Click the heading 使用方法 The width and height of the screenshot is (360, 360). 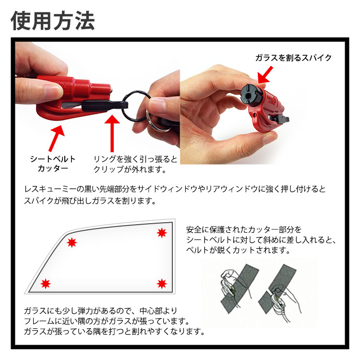tap(53, 21)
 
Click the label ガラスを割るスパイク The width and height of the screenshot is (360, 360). tap(294, 58)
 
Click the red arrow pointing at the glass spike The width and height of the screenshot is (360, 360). tap(265, 74)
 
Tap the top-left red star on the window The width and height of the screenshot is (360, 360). tap(72, 242)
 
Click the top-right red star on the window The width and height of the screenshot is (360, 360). tap(161, 233)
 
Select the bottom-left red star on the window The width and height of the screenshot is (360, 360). tap(46, 283)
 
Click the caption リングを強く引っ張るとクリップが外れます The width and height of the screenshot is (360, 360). tap(135, 163)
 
